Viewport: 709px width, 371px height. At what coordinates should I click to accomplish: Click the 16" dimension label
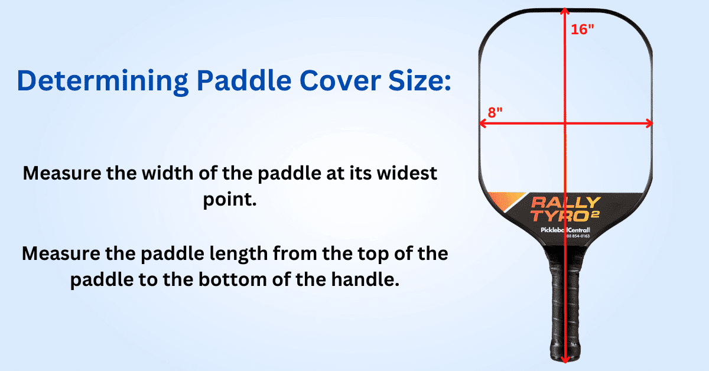pyautogui.click(x=582, y=30)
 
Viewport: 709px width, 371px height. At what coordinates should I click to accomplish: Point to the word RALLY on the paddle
pyautogui.click(x=566, y=203)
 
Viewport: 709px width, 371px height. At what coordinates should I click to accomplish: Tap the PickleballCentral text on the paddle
pyautogui.click(x=565, y=229)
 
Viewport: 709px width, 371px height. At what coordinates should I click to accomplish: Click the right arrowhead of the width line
pyautogui.click(x=649, y=123)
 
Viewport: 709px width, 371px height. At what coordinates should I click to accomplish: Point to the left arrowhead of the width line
pyautogui.click(x=482, y=123)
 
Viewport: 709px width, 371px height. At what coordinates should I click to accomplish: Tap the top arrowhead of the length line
pyautogui.click(x=565, y=12)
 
